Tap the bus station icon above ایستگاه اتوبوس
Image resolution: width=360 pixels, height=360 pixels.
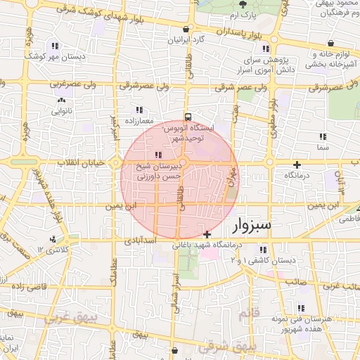[188, 117]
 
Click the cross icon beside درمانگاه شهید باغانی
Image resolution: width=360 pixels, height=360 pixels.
[207, 234]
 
